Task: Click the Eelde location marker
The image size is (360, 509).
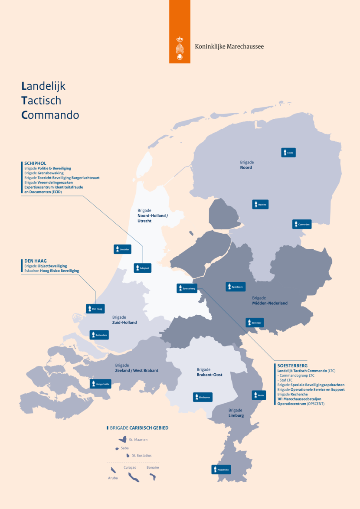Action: (x=288, y=153)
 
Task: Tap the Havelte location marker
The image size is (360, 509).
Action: (x=260, y=204)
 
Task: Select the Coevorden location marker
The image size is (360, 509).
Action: (x=301, y=224)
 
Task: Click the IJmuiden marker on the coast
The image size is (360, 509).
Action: (x=122, y=249)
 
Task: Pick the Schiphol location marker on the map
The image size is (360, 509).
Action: (x=142, y=268)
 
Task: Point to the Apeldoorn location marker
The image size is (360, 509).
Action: (x=236, y=287)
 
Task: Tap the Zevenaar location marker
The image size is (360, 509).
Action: (x=255, y=323)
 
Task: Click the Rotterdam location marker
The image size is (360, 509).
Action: (x=99, y=335)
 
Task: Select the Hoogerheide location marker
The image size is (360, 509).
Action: (x=100, y=384)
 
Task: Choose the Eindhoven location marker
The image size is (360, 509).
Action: (x=203, y=397)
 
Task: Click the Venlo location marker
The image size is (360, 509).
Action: (x=259, y=395)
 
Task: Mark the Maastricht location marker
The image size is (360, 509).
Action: (x=221, y=470)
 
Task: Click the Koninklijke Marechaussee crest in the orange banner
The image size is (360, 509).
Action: (x=180, y=49)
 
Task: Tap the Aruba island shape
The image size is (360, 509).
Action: (x=113, y=470)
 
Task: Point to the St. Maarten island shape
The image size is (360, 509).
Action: (x=123, y=439)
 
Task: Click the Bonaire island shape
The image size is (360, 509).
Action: (x=153, y=476)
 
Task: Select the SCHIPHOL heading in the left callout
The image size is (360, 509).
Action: (x=36, y=163)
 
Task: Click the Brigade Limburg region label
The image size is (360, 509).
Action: (x=236, y=413)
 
